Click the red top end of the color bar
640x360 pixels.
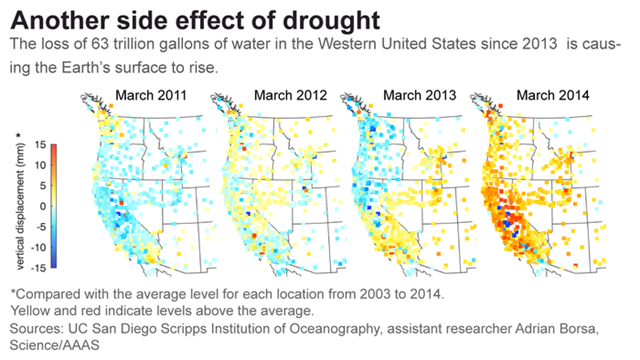point(60,146)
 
